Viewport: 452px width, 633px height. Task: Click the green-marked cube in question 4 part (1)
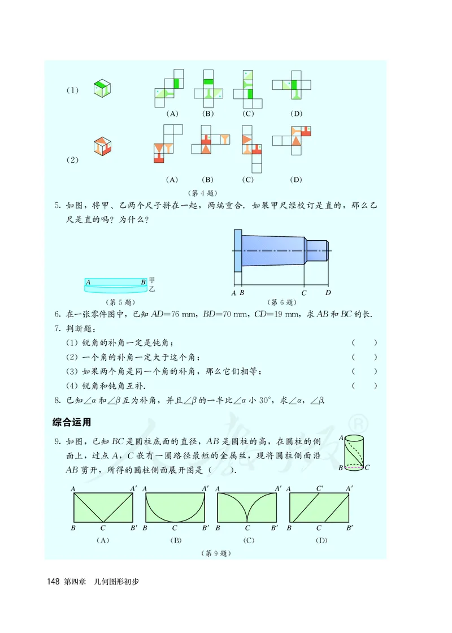(102, 89)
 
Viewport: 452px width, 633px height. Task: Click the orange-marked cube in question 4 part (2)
(102, 146)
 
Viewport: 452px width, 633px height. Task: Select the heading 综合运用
(72, 422)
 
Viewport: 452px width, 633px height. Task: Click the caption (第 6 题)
(281, 302)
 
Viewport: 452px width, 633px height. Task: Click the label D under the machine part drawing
(328, 293)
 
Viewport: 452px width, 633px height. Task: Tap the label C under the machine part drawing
(304, 293)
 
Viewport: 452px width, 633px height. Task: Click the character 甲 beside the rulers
(151, 280)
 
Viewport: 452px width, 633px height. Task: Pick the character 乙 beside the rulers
(151, 288)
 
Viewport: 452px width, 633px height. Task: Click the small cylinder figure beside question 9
(354, 452)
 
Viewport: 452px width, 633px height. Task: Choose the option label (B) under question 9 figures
(176, 540)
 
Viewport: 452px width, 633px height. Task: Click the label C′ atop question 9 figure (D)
(320, 488)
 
